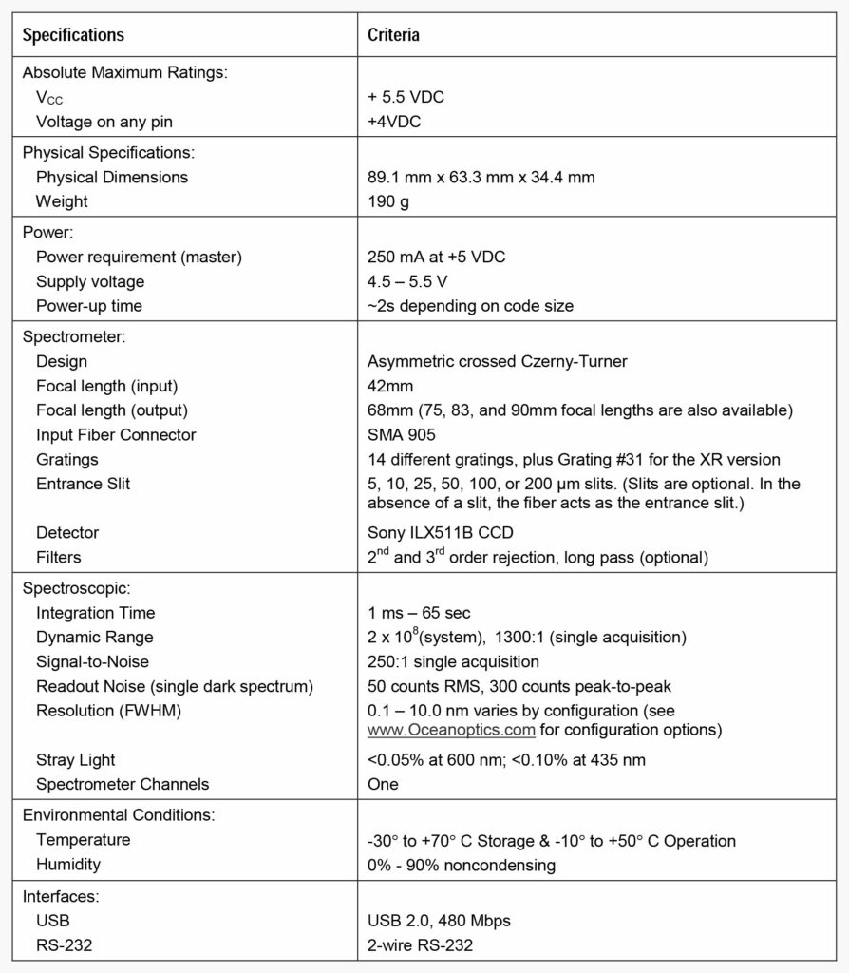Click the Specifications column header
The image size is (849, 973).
73,36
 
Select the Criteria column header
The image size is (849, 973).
393,36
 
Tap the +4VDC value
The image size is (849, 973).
394,122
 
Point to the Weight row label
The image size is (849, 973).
62,201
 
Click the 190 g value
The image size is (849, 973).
388,201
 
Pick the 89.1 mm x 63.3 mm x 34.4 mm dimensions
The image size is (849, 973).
481,177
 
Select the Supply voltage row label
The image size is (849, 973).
90,281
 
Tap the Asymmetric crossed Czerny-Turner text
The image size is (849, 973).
498,361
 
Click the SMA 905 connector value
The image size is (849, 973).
401,435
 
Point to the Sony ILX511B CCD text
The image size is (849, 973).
439,533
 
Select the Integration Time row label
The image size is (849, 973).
95,613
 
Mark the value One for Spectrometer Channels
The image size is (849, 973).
383,784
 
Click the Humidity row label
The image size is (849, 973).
68,865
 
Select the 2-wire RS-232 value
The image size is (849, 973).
420,945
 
